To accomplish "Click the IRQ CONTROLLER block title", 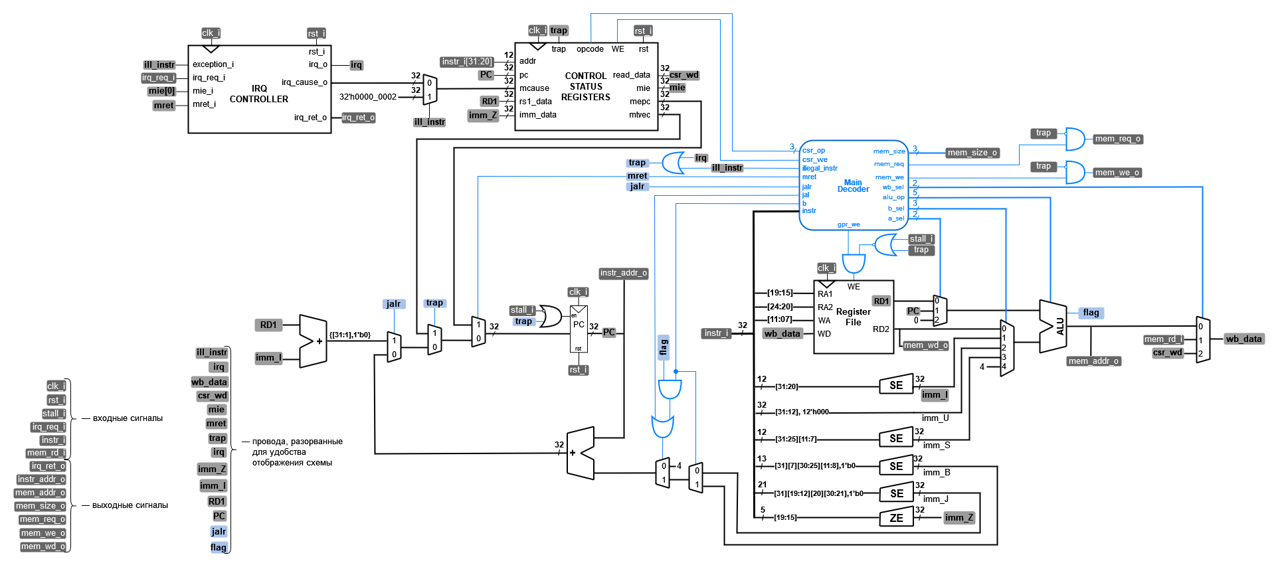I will [259, 94].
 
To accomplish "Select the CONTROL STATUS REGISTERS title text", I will [585, 86].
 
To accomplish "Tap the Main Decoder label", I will [853, 186].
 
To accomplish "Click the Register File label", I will [853, 317].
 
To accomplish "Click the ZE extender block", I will [896, 518].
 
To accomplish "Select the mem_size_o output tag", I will [972, 153].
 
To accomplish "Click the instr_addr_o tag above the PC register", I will [623, 273].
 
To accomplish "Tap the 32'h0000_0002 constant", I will [367, 97].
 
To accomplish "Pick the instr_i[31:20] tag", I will [467, 62].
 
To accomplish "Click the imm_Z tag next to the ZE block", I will [959, 518].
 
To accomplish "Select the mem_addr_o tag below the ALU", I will [1094, 361].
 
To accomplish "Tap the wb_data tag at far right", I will [1243, 339].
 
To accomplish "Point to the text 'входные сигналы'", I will [128, 418].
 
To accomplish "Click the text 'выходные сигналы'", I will [130, 505].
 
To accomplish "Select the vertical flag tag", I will [663, 347].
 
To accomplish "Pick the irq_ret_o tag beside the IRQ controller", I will [358, 118].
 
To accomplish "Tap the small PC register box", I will [579, 329].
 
